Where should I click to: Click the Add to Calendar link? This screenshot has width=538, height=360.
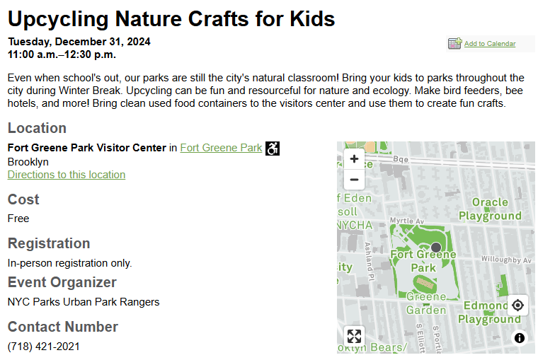click(490, 44)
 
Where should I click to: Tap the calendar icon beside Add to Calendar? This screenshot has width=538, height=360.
click(455, 44)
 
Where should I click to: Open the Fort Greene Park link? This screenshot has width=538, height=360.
click(221, 148)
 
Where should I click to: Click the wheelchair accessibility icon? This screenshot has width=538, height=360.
click(273, 149)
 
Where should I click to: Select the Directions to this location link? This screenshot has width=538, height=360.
click(67, 175)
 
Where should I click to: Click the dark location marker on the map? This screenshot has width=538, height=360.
click(436, 248)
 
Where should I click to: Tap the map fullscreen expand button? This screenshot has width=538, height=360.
click(354, 336)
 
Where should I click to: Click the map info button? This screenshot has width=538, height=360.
click(520, 338)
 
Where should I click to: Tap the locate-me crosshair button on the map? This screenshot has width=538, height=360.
click(517, 305)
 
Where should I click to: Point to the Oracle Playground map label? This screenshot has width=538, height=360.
click(490, 209)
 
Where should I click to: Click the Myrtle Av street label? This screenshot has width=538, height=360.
click(407, 221)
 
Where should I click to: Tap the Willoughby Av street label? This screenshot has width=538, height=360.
click(506, 260)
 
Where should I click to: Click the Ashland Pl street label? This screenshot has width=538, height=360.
click(368, 262)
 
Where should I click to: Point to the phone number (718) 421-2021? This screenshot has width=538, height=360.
click(44, 347)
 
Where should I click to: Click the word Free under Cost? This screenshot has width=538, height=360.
click(18, 219)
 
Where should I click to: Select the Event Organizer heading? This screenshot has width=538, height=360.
click(62, 282)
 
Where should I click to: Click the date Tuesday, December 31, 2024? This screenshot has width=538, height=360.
click(79, 42)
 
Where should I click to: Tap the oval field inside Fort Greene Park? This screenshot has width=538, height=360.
click(425, 284)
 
